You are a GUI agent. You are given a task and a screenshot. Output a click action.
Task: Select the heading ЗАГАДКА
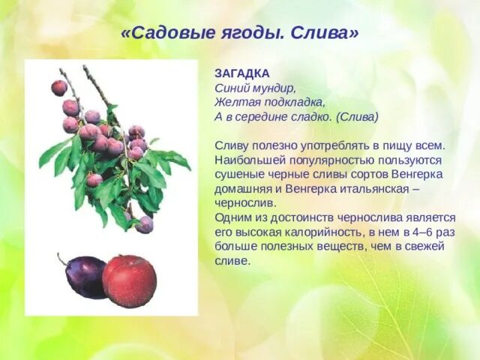(241, 73)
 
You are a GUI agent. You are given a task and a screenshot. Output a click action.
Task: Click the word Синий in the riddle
(231, 88)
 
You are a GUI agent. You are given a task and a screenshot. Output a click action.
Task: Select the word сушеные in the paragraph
(236, 175)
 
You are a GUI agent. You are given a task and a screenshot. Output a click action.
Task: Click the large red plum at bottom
(129, 280)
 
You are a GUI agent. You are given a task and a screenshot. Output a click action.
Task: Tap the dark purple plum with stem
(85, 276)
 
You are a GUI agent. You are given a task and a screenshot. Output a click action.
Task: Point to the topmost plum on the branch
(59, 88)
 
